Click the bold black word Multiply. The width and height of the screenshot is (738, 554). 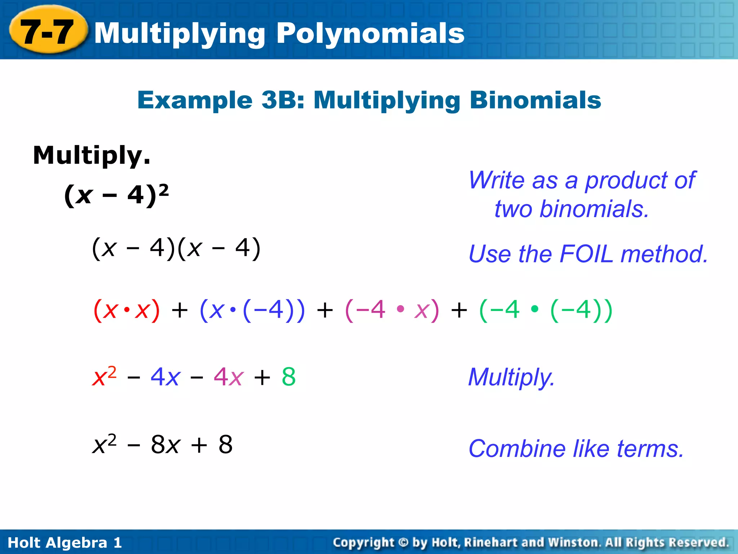click(x=92, y=155)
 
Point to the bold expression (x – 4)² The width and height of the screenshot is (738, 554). click(x=116, y=195)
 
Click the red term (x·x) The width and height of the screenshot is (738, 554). click(x=126, y=310)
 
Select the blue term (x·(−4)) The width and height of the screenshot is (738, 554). click(x=252, y=310)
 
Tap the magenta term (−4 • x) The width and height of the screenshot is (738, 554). click(x=392, y=310)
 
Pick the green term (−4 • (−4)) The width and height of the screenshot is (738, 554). click(x=546, y=310)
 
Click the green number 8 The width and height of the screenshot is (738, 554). click(x=289, y=377)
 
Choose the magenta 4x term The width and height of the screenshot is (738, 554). click(x=229, y=377)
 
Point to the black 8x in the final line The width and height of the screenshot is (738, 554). click(x=165, y=444)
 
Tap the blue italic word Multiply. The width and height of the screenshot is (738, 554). click(x=511, y=377)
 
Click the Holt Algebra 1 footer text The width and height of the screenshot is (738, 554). click(x=65, y=542)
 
